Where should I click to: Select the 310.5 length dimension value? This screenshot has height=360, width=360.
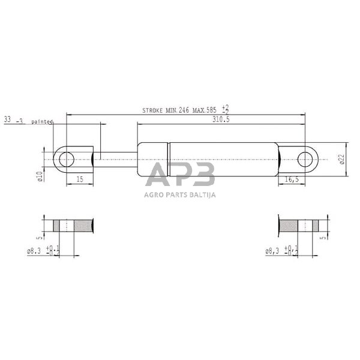pos(221,119)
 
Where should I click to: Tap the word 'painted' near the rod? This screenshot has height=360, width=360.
pos(42,121)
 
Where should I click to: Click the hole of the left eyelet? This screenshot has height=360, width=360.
pos(66,159)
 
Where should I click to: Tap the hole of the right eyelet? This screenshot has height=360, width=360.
pos(306,160)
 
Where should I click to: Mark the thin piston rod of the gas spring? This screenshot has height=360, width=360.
pos(117,159)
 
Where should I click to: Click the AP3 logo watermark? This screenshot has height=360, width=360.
pos(180,175)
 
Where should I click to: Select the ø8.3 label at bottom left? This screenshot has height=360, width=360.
pos(35,251)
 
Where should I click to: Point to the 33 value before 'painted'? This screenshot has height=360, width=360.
pos(8,120)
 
